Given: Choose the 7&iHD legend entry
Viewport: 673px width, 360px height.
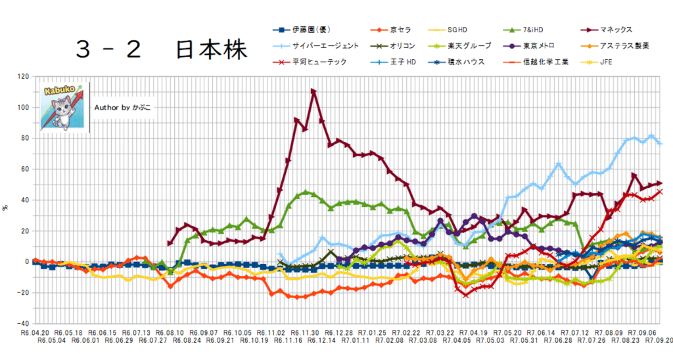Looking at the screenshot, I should (x=533, y=30).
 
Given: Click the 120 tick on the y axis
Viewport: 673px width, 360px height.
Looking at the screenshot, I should (x=24, y=77).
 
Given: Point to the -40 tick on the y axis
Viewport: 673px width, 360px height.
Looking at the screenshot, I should (x=24, y=323).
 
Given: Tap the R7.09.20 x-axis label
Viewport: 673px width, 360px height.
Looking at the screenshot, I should (x=657, y=341).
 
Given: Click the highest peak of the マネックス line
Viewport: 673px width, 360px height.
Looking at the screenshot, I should (x=313, y=91).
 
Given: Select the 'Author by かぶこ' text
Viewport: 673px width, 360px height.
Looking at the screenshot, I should (x=122, y=106).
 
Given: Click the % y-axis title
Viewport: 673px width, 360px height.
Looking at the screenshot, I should (x=6, y=208).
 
